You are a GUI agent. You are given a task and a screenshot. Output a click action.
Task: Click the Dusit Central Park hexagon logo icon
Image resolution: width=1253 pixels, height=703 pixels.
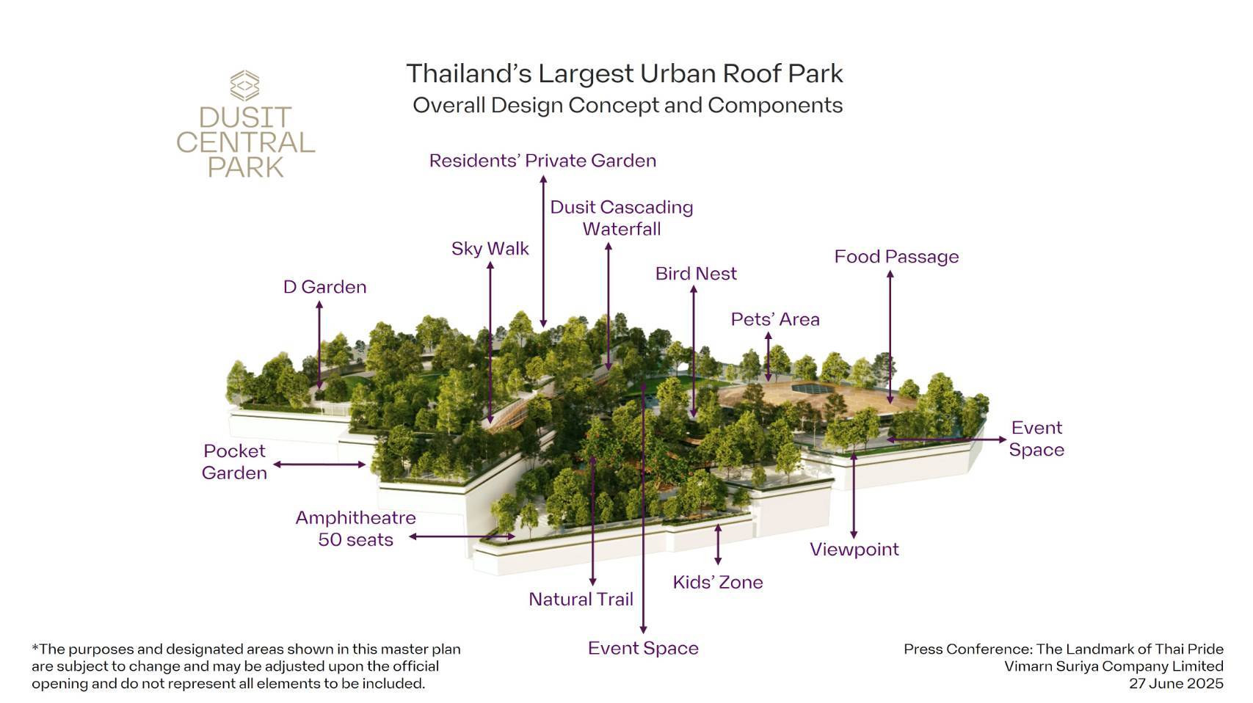tap(244, 86)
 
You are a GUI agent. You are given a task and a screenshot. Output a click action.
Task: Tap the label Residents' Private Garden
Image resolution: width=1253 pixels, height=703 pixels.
tap(542, 161)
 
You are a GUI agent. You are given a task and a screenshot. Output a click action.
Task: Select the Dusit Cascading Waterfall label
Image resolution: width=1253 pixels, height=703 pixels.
tap(622, 218)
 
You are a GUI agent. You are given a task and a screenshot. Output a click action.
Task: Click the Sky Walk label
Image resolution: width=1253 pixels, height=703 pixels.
tap(490, 249)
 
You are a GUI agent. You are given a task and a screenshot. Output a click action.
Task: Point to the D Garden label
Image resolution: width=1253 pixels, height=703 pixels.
tap(325, 287)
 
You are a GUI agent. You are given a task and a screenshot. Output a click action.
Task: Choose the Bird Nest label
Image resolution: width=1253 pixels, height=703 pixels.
tap(696, 274)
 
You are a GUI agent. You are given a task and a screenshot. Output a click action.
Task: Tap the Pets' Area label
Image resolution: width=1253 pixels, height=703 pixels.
tap(775, 319)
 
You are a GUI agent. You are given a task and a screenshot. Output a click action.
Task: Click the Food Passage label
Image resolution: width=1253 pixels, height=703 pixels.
tap(897, 257)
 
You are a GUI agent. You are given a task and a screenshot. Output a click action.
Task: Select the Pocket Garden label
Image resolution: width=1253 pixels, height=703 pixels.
tap(234, 462)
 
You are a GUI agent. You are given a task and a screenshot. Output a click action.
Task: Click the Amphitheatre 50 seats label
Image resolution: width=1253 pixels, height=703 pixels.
tap(356, 528)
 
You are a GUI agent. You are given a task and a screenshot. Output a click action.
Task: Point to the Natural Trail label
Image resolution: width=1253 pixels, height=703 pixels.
tap(581, 600)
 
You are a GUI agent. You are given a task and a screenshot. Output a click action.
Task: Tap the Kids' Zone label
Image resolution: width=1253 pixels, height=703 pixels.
tap(718, 582)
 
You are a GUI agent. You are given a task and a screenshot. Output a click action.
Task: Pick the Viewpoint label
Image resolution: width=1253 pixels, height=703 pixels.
tap(854, 550)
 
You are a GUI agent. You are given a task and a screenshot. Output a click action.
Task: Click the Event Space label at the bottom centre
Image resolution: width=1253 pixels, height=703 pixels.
tap(643, 649)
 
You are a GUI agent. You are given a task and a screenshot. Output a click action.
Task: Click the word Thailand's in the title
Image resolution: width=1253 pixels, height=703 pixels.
tap(469, 74)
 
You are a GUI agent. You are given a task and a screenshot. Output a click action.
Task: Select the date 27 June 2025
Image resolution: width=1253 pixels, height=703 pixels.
tap(1176, 684)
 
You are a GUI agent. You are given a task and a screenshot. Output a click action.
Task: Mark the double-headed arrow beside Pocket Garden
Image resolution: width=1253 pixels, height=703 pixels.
tap(319, 465)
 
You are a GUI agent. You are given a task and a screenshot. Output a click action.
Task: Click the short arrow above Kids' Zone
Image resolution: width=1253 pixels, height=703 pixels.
tap(718, 544)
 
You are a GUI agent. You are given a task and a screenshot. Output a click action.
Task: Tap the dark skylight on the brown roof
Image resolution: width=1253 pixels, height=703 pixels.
tap(813, 388)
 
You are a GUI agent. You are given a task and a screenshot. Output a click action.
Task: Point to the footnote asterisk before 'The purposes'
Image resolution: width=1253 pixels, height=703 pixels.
tap(34, 647)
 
